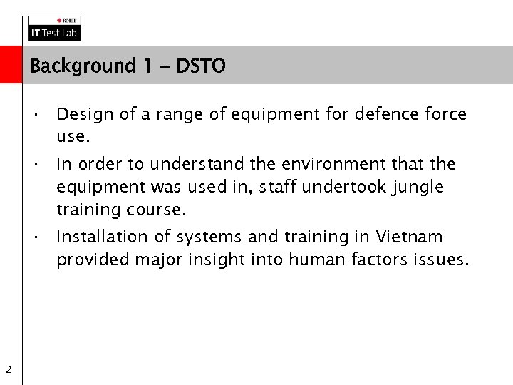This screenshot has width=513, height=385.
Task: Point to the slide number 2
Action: pos(7,369)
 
